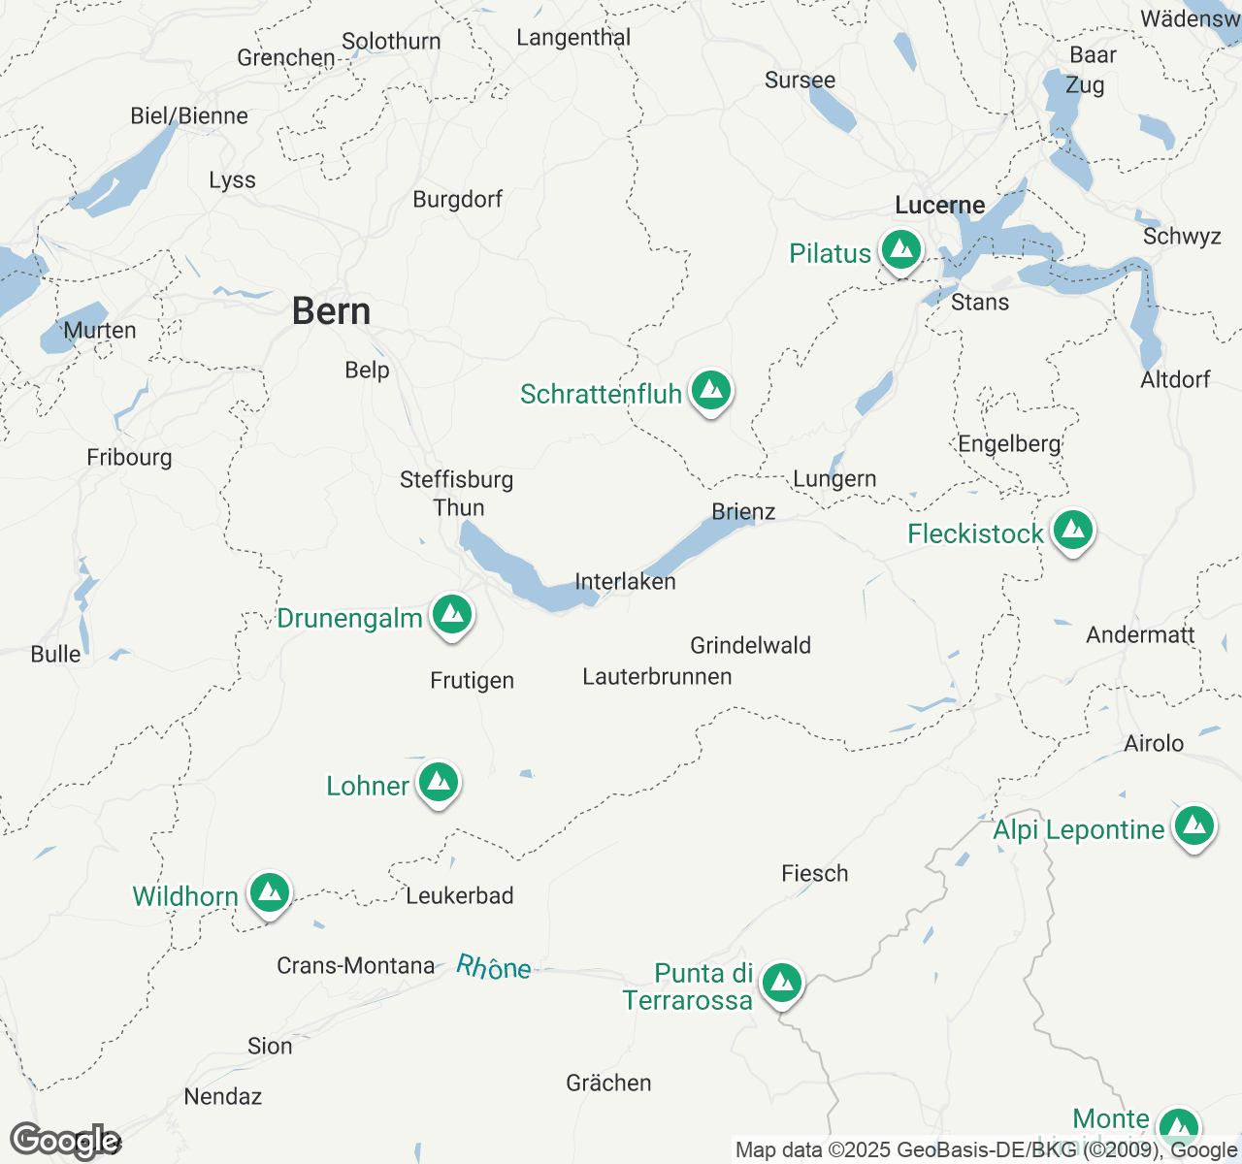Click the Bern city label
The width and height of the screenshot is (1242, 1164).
[x=331, y=311]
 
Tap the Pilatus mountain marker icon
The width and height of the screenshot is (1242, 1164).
[x=901, y=250]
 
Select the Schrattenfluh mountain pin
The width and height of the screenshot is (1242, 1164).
[x=711, y=391]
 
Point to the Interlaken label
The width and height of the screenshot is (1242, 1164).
[x=625, y=581]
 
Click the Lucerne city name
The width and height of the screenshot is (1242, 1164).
[x=939, y=205]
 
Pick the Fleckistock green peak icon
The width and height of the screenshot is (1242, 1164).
[x=1072, y=531]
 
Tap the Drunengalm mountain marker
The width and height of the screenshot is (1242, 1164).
[x=451, y=615]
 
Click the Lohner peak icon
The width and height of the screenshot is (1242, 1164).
[x=438, y=782]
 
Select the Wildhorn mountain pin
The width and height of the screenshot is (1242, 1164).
[x=269, y=892]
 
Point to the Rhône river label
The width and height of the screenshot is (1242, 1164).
[x=494, y=967]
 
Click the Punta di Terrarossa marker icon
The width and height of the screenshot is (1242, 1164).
[x=781, y=984]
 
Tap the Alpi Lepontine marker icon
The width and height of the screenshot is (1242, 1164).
[x=1193, y=826]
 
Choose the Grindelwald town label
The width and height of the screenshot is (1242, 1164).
[x=750, y=645]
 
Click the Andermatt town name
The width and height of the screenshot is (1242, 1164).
[x=1140, y=634]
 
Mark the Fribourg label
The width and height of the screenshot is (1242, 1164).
[x=129, y=457]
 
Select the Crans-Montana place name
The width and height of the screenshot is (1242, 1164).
[x=355, y=965]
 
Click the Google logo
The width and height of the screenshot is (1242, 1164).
[x=64, y=1141]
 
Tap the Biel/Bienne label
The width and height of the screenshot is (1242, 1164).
[x=189, y=115]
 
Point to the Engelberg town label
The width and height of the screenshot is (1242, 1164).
[x=1009, y=443]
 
